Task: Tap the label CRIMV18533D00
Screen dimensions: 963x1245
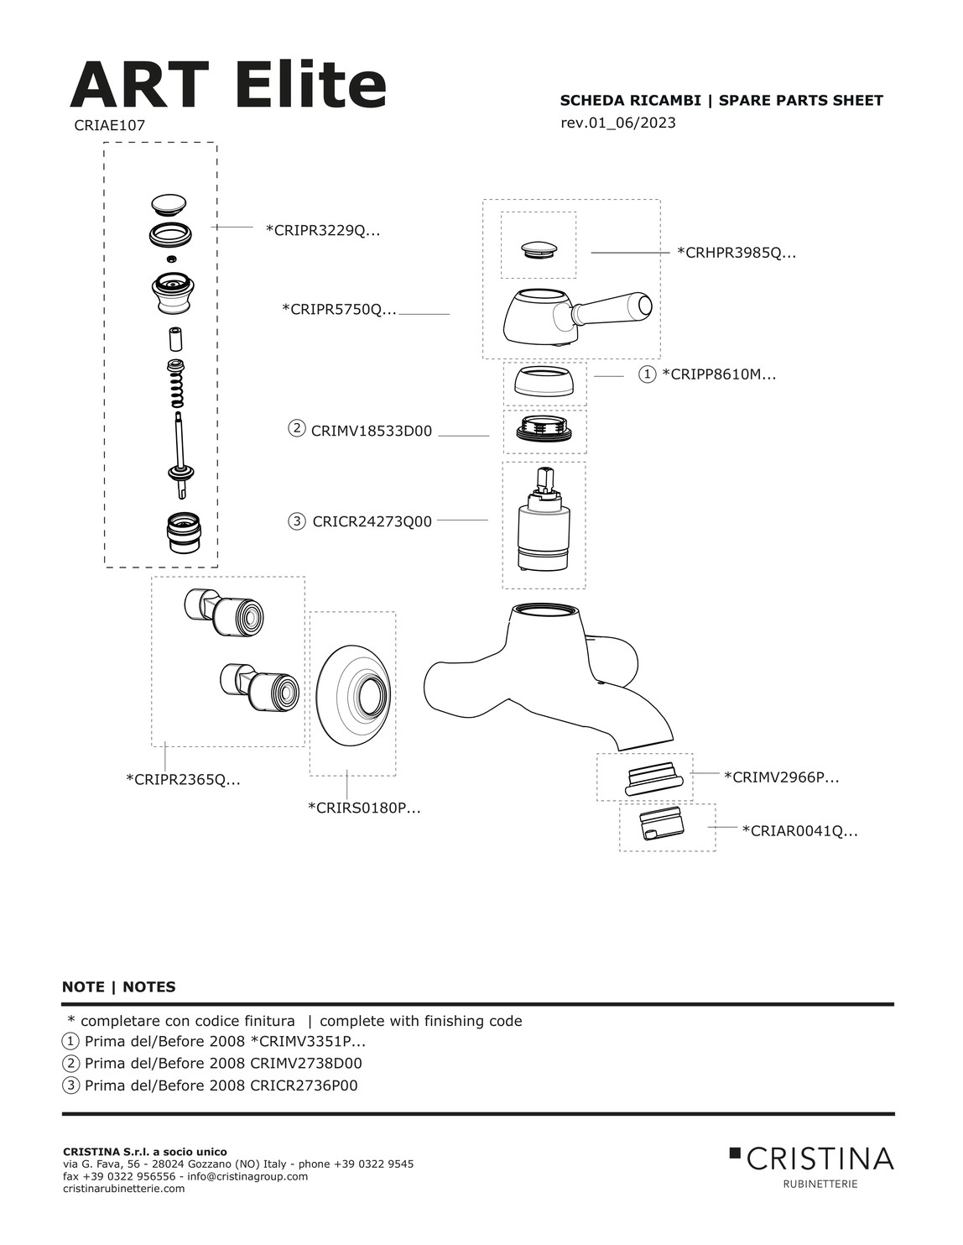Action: pyautogui.click(x=371, y=431)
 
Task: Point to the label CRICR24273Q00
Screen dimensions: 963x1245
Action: pyautogui.click(x=372, y=521)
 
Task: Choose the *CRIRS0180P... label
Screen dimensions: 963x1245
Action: pyautogui.click(x=364, y=808)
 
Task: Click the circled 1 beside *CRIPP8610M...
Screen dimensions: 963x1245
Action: pyautogui.click(x=647, y=374)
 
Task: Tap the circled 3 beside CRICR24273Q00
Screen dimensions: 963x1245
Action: pyautogui.click(x=297, y=521)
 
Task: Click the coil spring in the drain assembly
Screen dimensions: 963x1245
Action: pyautogui.click(x=179, y=385)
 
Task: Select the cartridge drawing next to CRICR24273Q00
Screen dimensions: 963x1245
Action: pyautogui.click(x=544, y=520)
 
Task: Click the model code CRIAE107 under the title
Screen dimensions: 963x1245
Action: pyautogui.click(x=109, y=125)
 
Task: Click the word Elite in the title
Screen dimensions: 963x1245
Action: pyautogui.click(x=310, y=86)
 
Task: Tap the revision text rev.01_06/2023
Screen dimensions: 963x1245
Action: pyautogui.click(x=617, y=123)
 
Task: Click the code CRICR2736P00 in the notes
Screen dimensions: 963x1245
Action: pyautogui.click(x=304, y=1085)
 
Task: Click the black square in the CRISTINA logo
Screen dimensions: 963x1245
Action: pyautogui.click(x=735, y=1152)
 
